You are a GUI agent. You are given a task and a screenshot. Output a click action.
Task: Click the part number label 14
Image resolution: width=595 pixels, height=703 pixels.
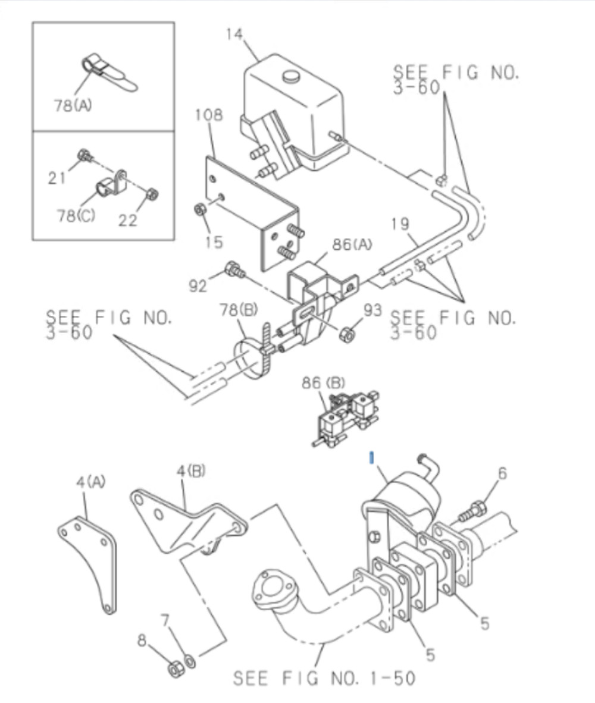(234, 34)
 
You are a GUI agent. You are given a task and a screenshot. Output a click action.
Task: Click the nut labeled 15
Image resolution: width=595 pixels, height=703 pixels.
(201, 209)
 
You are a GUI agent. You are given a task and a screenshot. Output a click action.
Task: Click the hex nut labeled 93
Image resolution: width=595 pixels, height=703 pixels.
(347, 334)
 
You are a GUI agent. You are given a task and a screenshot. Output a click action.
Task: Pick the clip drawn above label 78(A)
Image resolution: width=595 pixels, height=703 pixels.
(107, 74)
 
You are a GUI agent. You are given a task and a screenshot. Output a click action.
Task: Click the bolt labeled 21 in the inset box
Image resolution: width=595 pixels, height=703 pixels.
(84, 157)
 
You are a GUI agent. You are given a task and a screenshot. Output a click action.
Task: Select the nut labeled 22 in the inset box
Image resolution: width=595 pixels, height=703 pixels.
(152, 194)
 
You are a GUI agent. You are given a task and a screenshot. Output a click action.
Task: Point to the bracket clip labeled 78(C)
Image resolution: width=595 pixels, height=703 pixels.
(111, 186)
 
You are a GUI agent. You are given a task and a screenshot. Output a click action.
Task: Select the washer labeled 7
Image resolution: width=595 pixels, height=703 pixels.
(189, 660)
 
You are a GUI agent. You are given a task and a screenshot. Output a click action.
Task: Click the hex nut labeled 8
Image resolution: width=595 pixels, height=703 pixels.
(176, 669)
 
